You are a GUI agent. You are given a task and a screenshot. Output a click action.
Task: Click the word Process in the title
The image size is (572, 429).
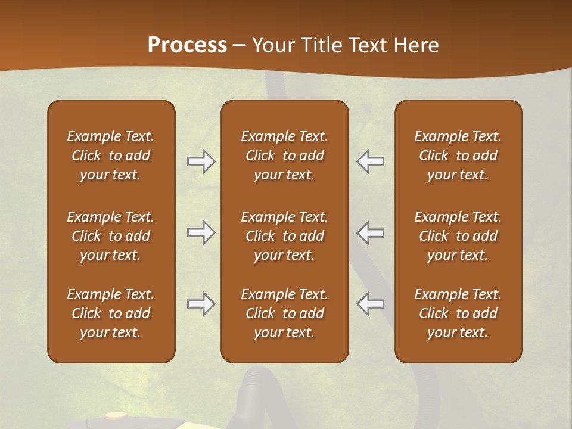(187, 45)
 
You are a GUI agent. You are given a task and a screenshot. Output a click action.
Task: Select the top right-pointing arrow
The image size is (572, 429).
(201, 161)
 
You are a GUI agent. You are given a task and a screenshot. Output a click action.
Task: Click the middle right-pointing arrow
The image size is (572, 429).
(201, 232)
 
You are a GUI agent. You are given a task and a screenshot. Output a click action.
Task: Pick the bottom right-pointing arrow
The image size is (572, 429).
(201, 304)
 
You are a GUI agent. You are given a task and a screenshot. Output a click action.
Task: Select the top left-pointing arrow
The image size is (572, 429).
(370, 161)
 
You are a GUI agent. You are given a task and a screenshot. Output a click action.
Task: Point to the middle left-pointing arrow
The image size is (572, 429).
(370, 232)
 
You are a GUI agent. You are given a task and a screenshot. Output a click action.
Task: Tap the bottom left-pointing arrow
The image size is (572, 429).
(370, 304)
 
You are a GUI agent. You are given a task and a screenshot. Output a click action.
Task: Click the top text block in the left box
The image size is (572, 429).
(111, 156)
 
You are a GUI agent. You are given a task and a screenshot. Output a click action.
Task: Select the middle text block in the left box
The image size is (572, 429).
(111, 236)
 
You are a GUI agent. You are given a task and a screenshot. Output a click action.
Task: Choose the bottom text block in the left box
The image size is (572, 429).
(111, 313)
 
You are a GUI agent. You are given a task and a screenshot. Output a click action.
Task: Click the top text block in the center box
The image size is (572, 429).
(284, 156)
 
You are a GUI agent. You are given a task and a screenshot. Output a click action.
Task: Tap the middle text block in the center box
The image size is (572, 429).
(284, 236)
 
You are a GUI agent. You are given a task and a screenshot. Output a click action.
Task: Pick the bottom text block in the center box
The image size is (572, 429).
(284, 313)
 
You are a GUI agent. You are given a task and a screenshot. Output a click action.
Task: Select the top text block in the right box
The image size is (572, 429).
(458, 156)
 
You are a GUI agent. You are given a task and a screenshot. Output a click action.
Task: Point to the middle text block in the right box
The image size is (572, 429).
(458, 236)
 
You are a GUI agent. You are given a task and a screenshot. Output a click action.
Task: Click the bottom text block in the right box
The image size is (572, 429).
(458, 313)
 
